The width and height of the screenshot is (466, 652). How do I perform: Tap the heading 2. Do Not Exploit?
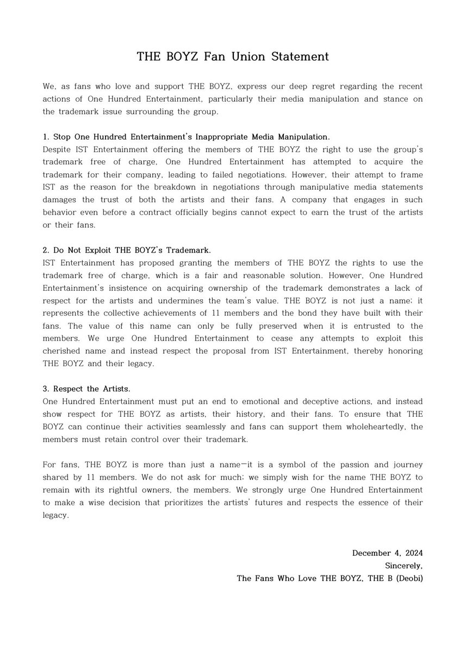[126, 250]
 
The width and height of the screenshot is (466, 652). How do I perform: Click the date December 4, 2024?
[387, 553]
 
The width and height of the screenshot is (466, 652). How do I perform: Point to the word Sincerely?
[403, 566]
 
